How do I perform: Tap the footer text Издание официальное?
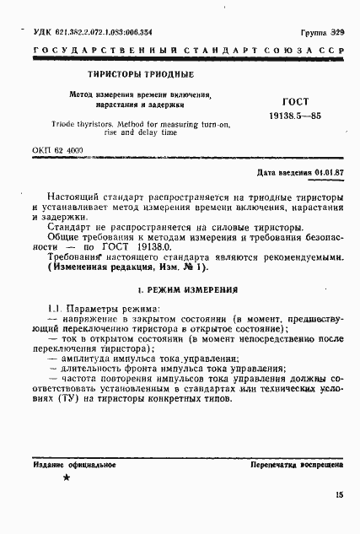[x=74, y=465]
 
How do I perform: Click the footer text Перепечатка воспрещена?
[x=296, y=465]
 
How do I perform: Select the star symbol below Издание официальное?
[x=67, y=478]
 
